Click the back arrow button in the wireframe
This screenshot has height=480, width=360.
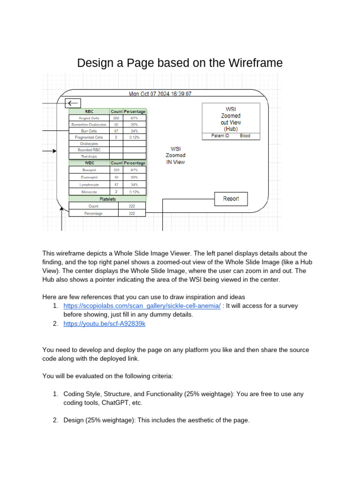(73, 103)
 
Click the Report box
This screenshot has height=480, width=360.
(231, 199)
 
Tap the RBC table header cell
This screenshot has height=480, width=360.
(89, 112)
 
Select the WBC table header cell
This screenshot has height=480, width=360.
(89, 163)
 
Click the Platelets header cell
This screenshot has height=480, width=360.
(107, 199)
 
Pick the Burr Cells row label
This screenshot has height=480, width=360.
(89, 131)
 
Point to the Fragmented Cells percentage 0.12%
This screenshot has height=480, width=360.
(135, 137)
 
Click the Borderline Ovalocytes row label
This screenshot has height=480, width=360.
(89, 125)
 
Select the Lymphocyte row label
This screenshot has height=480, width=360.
(89, 185)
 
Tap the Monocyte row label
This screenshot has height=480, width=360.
(89, 192)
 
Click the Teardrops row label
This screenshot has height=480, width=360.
(89, 157)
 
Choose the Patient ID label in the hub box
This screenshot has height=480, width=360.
(220, 136)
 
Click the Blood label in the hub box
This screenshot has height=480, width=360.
(245, 136)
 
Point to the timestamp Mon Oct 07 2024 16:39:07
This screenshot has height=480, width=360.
(160, 94)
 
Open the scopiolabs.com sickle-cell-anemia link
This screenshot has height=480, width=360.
(142, 306)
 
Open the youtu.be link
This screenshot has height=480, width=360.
(105, 324)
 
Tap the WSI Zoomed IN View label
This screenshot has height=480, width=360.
(175, 155)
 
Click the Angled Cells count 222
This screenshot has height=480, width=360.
(116, 118)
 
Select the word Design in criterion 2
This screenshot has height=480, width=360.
(73, 420)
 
